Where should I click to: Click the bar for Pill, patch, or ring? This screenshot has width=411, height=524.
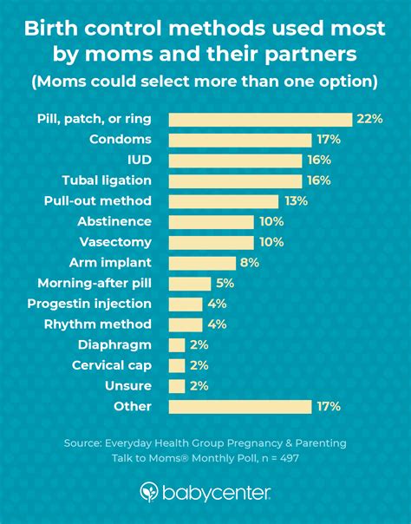coord(259,120)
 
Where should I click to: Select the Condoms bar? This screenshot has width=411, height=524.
coord(239,140)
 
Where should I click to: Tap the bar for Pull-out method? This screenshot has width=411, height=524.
coord(223,201)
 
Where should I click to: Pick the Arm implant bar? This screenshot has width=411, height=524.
coord(201,263)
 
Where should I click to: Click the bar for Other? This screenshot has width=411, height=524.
coord(239,406)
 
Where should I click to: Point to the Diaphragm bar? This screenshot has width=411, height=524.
coord(176,344)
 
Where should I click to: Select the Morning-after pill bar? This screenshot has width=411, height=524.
coord(189,284)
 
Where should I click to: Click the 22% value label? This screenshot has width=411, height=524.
coord(368,120)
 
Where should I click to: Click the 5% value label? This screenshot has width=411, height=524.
coord(225,284)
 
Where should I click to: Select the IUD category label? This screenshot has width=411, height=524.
coord(139,160)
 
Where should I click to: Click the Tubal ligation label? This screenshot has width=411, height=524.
coord(107,180)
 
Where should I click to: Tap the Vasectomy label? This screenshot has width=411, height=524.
coord(115,242)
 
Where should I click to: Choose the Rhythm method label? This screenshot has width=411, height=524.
coord(98,324)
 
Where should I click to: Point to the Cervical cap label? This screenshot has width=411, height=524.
coord(112,365)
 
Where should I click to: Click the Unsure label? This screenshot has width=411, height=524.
coord(129,386)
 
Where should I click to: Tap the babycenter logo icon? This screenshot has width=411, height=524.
coord(148,493)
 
